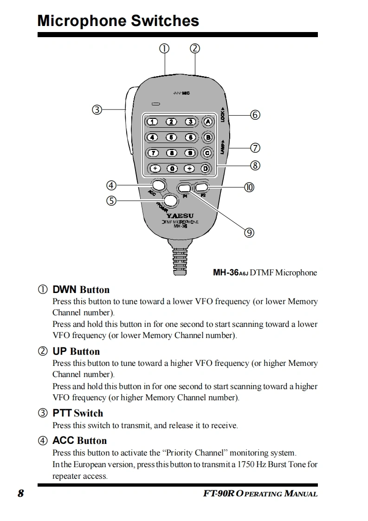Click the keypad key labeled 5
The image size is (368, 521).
172,137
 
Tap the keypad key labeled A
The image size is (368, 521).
207,122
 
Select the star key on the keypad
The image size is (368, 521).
155,168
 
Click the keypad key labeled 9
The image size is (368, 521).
189,152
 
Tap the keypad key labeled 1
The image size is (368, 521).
153,122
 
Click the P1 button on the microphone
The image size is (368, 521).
184,188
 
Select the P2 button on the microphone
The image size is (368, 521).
201,188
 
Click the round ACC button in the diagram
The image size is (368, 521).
159,185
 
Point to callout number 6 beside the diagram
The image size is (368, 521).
255,115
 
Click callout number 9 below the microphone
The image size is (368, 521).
249,233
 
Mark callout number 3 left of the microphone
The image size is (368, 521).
97,110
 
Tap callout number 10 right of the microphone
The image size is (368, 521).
249,187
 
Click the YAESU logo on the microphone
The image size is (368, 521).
181,215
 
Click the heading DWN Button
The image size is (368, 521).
81,290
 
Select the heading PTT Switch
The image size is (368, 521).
77,413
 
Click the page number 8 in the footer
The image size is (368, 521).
20,494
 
